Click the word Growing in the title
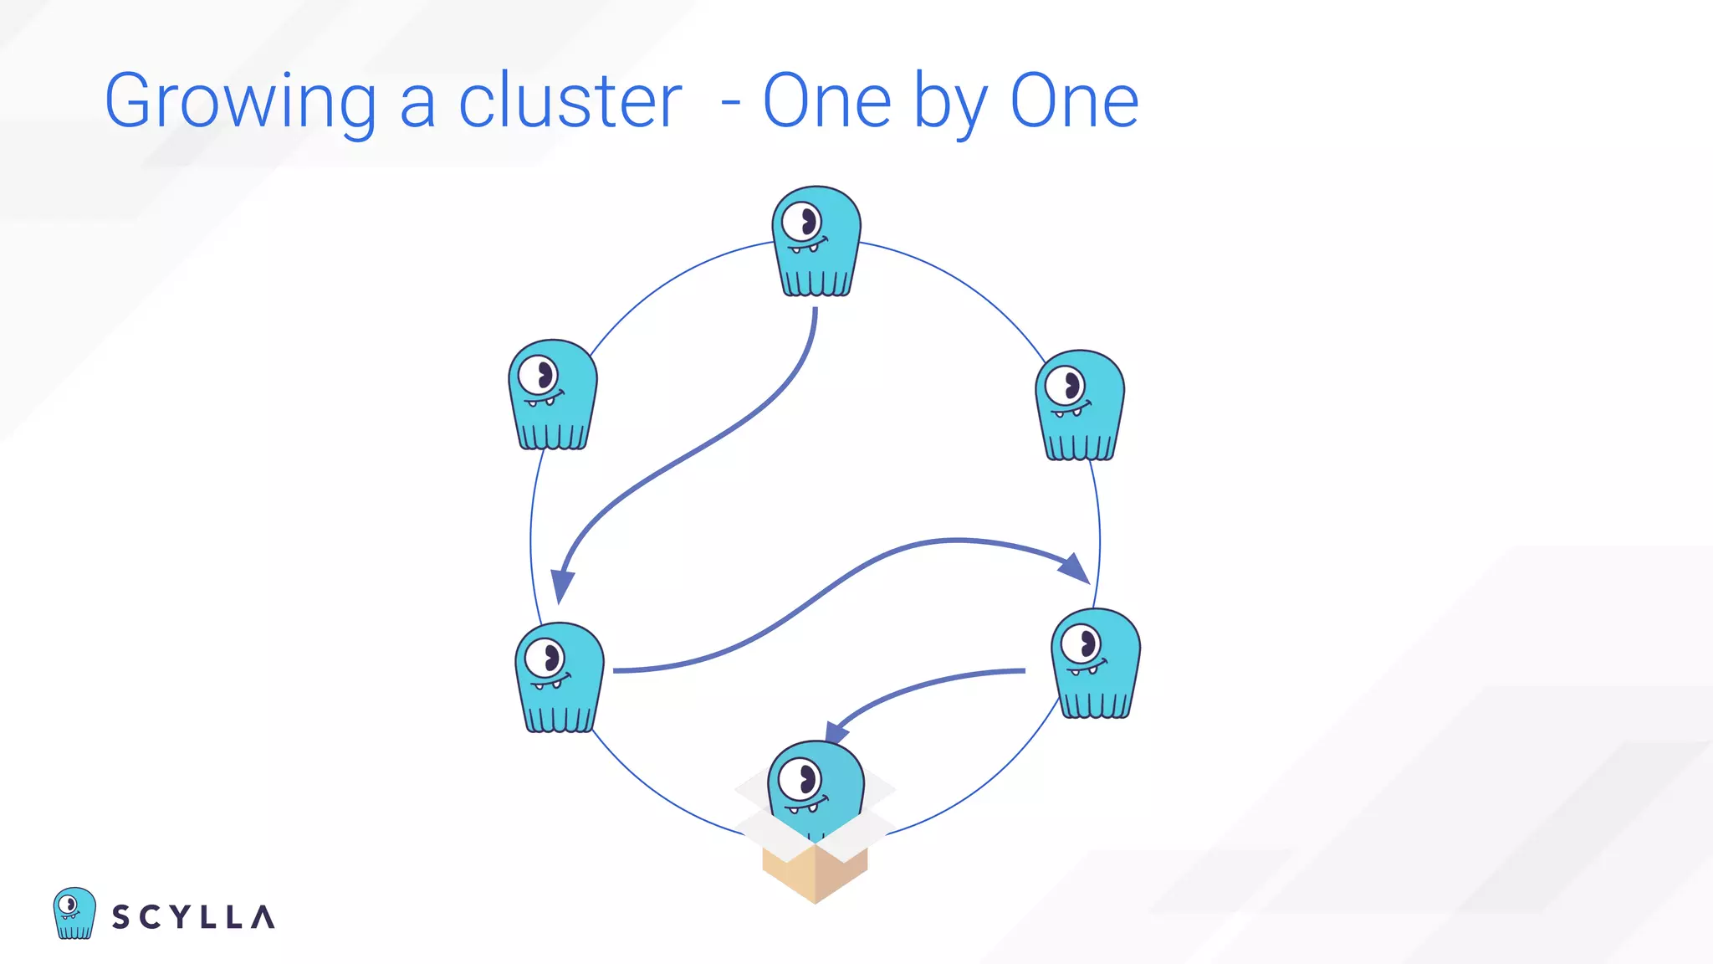(x=240, y=102)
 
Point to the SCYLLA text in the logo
(x=193, y=917)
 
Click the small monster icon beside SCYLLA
(x=74, y=913)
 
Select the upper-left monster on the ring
(x=553, y=394)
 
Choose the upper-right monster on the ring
(x=1080, y=405)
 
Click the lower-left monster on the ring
(x=560, y=677)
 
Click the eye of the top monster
(x=802, y=222)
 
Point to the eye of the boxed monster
(x=800, y=781)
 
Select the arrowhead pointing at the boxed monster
(x=836, y=732)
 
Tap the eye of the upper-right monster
(x=1066, y=386)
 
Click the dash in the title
(x=730, y=105)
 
